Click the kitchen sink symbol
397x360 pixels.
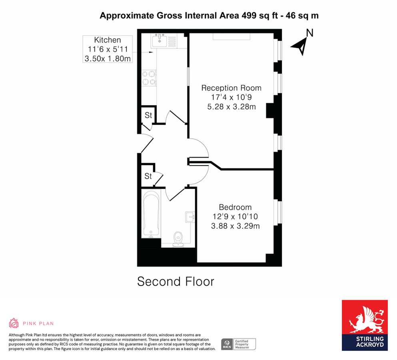coord(160,40)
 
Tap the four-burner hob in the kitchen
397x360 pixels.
coord(149,78)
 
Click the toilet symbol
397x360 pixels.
coord(177,238)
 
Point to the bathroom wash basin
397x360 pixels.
coord(190,217)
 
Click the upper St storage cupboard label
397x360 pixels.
coord(148,116)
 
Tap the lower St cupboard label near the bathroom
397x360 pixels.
coord(148,176)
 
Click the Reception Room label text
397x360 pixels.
coord(231,88)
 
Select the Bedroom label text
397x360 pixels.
coord(235,207)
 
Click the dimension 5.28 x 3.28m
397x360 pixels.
coord(231,107)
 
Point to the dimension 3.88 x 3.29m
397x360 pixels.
coord(235,226)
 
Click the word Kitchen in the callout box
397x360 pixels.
coord(107,40)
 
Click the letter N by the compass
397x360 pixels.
coord(309,33)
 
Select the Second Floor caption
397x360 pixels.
coord(176,281)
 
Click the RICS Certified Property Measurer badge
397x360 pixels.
coord(238,344)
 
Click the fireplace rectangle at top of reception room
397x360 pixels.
coord(231,37)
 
